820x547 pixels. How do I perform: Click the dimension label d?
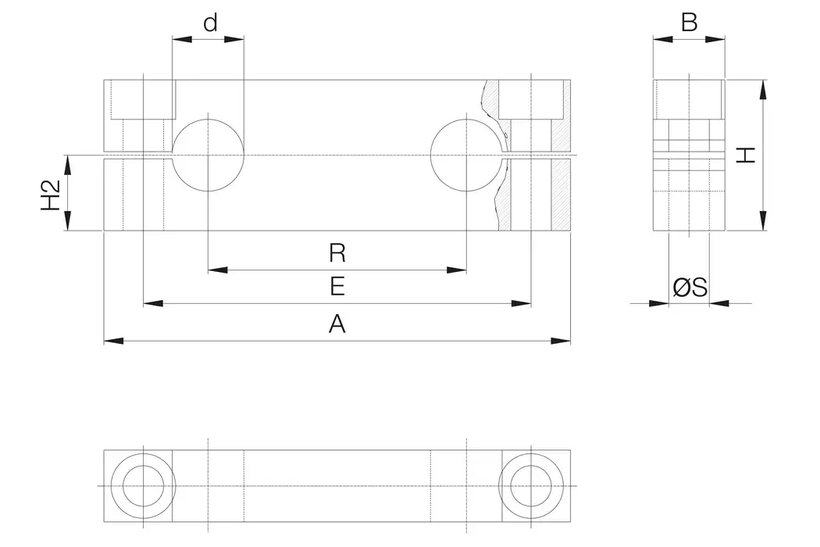click(x=209, y=23)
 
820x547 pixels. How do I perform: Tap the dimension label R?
click(x=337, y=253)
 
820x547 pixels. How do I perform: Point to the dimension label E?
click(x=337, y=287)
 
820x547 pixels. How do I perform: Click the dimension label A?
click(x=337, y=323)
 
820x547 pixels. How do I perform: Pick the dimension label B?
click(x=689, y=23)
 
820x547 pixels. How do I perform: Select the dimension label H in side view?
click(x=747, y=155)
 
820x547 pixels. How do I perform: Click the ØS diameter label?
click(x=690, y=288)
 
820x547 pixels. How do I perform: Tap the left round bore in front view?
click(x=208, y=155)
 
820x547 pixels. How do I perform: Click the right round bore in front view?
click(x=466, y=155)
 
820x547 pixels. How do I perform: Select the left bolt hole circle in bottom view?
click(x=142, y=486)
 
